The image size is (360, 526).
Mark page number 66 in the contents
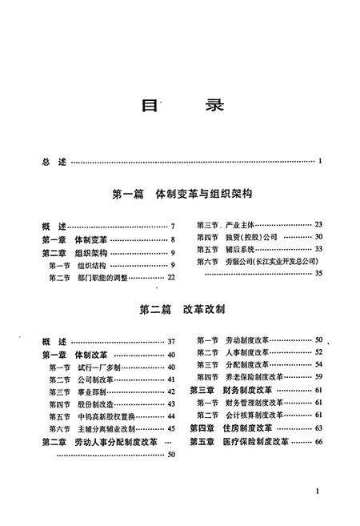[x=318, y=441]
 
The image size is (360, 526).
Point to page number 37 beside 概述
[x=170, y=342]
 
